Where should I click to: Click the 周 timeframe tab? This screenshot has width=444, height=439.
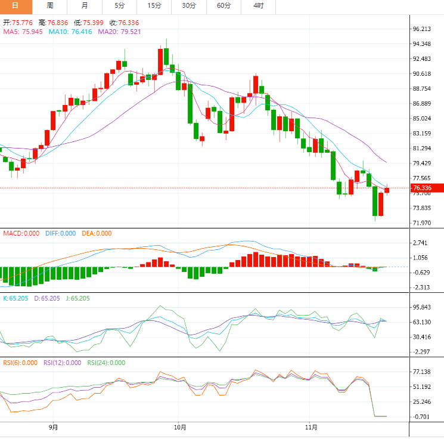click(50, 5)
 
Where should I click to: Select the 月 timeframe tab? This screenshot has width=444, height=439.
click(85, 5)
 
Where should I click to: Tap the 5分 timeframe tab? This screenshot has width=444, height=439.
click(119, 5)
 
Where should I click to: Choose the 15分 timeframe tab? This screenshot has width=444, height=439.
click(154, 5)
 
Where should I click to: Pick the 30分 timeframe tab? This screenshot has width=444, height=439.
click(189, 5)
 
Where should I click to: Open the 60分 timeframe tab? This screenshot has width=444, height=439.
click(223, 5)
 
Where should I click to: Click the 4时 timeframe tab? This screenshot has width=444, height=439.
click(259, 5)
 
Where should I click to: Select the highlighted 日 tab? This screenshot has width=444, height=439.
click(15, 5)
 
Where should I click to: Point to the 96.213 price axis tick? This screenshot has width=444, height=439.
click(421, 29)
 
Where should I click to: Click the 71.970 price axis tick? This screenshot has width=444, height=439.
click(421, 223)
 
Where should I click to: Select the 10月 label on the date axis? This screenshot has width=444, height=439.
click(180, 427)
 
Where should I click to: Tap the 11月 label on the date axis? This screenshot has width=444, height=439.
click(311, 427)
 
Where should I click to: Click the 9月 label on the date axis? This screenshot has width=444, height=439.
click(53, 427)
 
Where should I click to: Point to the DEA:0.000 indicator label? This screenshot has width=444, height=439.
click(97, 233)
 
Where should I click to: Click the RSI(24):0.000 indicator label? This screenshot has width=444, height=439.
click(106, 362)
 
